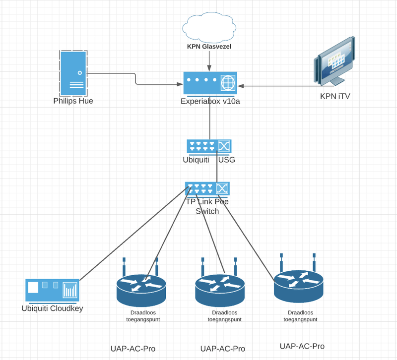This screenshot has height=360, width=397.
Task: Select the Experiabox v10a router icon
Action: pos(210,83)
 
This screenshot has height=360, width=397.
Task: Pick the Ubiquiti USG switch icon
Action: pos(209,146)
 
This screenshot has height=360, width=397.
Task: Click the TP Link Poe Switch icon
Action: pos(207,189)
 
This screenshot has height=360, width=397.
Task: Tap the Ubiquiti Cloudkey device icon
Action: pos(52,291)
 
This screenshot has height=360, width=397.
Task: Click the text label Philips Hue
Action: pos(73,101)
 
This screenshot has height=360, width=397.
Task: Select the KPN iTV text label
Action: pos(335,96)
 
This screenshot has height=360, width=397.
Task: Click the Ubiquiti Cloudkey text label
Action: pos(52,308)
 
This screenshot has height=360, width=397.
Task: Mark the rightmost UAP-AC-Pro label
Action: pos(302,346)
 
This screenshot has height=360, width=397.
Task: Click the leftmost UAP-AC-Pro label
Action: pos(133,349)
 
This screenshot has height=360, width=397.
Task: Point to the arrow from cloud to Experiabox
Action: pos(209,60)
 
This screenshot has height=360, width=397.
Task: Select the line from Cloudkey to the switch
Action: pos(132,236)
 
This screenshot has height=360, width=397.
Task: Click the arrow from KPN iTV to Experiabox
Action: pos(278,86)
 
